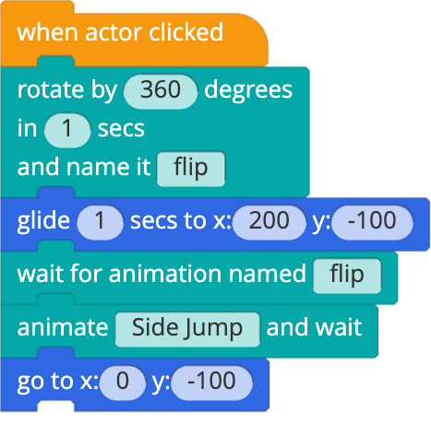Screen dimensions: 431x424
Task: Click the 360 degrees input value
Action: (x=160, y=91)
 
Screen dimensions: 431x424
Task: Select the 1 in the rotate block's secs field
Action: (x=67, y=130)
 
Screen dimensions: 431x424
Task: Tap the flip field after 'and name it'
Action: (x=191, y=169)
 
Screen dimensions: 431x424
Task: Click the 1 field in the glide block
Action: (x=100, y=222)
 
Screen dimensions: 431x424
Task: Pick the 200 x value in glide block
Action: (x=269, y=222)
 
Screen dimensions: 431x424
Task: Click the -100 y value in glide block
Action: (x=372, y=222)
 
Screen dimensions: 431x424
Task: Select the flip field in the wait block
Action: (x=347, y=276)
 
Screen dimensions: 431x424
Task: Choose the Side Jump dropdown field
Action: (x=187, y=329)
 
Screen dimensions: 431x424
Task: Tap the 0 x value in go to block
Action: (x=123, y=383)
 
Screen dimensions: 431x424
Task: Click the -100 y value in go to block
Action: (x=211, y=383)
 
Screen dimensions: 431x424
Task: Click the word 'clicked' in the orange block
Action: (x=186, y=32)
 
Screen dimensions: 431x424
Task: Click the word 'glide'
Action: (x=43, y=222)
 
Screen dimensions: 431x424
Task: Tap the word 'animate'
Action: (x=63, y=328)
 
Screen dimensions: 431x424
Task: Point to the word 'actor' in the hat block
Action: (x=114, y=33)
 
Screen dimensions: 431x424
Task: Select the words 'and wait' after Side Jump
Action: (x=314, y=327)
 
